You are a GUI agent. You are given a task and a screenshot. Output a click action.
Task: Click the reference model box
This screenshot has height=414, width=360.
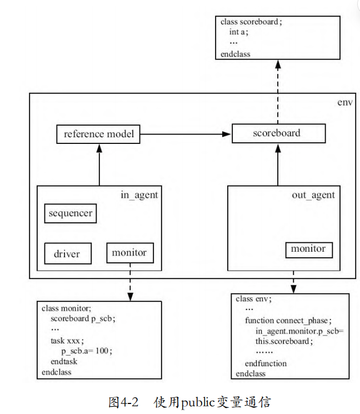[98, 134]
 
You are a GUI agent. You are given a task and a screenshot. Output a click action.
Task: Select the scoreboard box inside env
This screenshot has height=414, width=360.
[278, 133]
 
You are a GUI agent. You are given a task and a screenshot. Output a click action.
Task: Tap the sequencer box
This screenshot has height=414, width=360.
[71, 213]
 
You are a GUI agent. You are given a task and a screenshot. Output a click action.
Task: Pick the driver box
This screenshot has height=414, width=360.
[68, 253]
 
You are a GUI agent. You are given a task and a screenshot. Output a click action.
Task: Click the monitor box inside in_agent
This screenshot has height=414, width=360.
[130, 253]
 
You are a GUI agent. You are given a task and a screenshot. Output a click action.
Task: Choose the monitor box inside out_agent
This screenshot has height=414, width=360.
[309, 250]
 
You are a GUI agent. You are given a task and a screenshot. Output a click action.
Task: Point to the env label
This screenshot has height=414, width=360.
[344, 102]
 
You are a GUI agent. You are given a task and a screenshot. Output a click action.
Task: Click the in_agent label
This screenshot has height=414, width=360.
[139, 195]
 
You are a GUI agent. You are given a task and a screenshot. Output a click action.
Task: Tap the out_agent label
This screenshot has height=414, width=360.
[313, 195]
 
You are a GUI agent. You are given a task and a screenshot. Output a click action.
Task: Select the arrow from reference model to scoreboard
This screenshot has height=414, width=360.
[186, 134]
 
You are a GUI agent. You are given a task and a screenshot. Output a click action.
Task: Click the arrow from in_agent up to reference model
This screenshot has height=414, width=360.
[99, 164]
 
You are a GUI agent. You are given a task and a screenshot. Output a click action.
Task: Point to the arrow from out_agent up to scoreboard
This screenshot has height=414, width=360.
[278, 164]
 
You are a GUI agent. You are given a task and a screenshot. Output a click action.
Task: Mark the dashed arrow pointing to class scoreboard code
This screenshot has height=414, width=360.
[278, 92]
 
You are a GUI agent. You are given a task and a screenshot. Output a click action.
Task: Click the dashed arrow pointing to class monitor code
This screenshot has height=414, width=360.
[130, 282]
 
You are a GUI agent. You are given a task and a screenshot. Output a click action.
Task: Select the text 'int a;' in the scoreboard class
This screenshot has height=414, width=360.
[238, 32]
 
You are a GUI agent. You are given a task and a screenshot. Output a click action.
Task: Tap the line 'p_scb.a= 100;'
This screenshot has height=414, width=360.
[87, 351]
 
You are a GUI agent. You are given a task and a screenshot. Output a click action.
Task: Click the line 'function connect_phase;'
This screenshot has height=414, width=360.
[288, 321]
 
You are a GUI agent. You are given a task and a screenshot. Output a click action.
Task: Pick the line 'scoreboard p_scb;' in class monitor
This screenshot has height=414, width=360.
[83, 318]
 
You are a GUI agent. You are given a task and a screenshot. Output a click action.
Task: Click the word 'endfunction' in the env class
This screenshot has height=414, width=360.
[266, 363]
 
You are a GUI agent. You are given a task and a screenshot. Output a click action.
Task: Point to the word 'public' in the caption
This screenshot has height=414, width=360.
[198, 402]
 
